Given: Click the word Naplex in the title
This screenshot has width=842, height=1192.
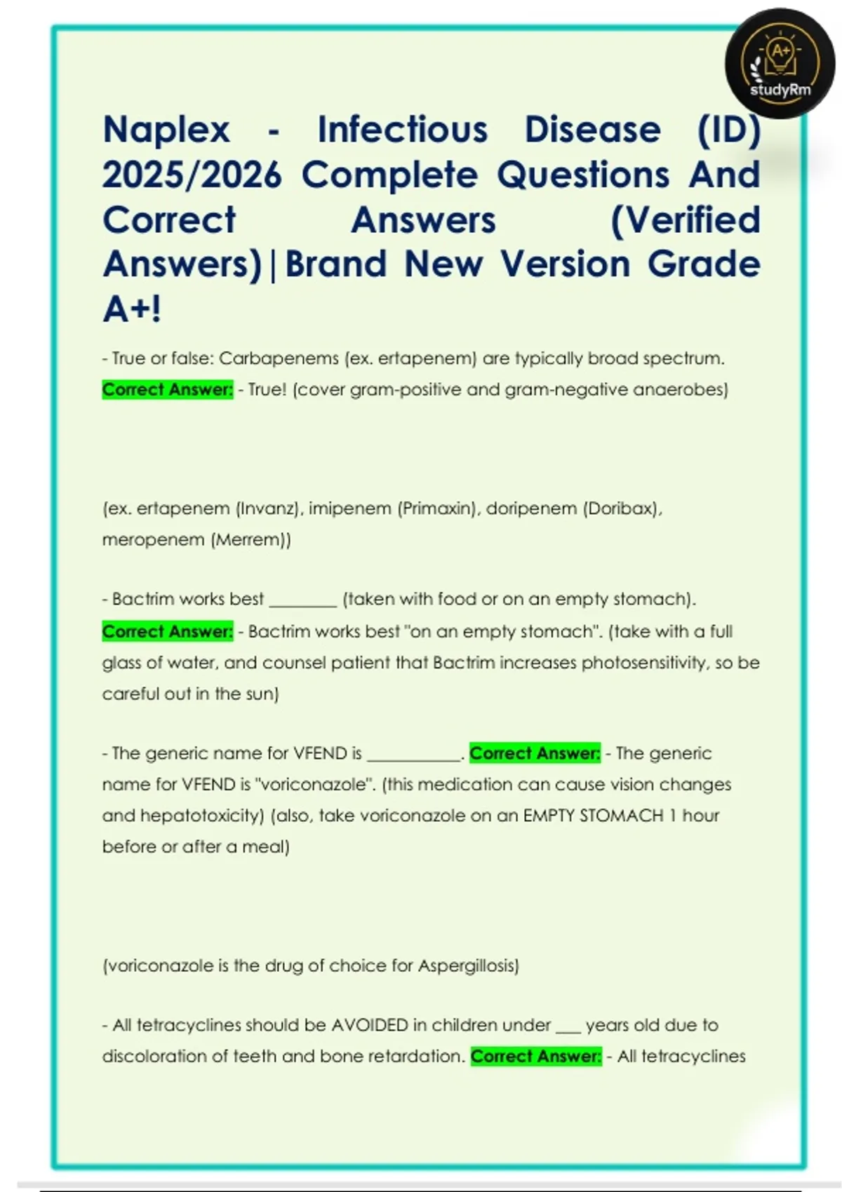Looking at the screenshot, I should tap(166, 130).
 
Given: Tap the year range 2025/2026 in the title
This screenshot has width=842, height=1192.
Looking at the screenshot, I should tap(192, 175).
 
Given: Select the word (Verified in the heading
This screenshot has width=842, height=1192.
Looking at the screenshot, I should tap(685, 220).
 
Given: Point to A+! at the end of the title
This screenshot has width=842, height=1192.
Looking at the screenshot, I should tap(132, 309).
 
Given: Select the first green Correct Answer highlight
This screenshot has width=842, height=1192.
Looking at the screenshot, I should tap(167, 389).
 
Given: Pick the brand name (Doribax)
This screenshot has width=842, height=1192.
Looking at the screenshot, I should tap(622, 508).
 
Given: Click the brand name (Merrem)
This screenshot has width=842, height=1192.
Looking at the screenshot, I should tap(250, 540).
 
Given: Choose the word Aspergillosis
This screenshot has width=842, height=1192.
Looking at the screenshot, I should tap(467, 966).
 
